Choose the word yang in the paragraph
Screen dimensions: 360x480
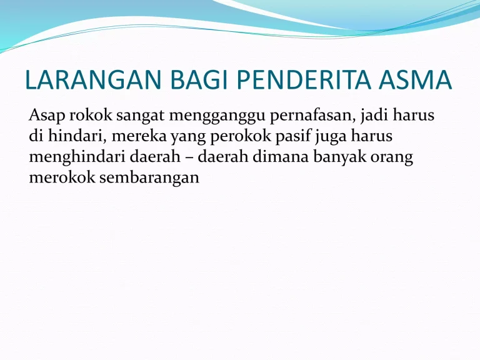tap(180, 137)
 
